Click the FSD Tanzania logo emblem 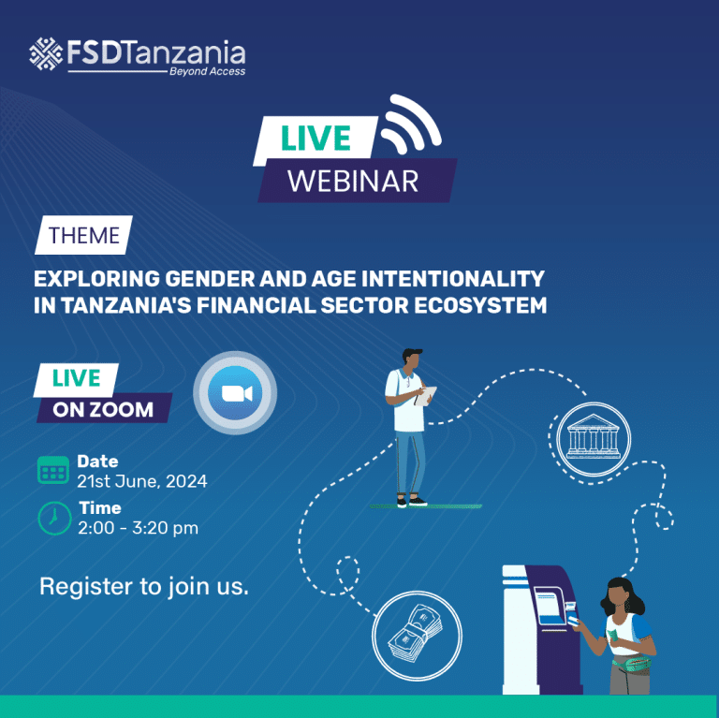tap(46, 54)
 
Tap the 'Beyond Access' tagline tap(207, 71)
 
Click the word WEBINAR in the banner tap(353, 181)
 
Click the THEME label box tap(83, 235)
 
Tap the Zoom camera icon tap(235, 393)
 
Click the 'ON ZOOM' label tap(103, 409)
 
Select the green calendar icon tap(53, 470)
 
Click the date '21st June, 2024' tap(141, 481)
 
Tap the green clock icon tap(54, 518)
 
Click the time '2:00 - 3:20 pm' tap(138, 528)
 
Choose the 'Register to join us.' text tap(144, 586)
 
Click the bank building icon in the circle tap(594, 439)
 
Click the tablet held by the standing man tap(426, 395)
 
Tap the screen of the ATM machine tap(550, 606)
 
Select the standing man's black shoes tap(412, 502)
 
